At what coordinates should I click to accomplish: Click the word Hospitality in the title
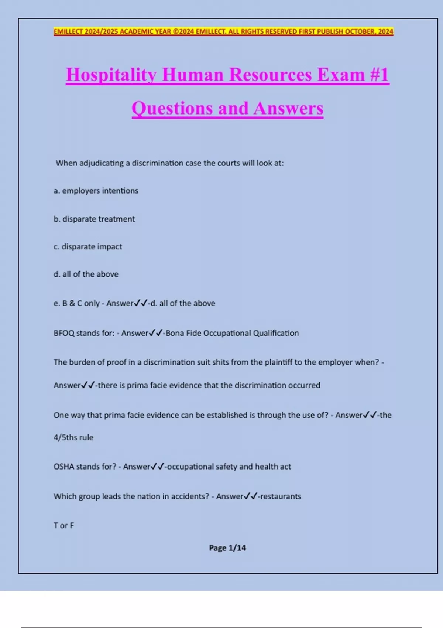pos(111,75)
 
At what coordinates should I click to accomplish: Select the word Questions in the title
pos(172,108)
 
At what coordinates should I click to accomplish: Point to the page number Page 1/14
pos(227,548)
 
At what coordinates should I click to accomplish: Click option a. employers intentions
pos(96,191)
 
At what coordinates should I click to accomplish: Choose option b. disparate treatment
pos(94,219)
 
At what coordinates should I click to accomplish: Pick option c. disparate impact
pos(88,246)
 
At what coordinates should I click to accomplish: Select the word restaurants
pos(281,496)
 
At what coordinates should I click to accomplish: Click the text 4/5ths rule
pos(73,437)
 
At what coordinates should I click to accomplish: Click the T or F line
pos(63,525)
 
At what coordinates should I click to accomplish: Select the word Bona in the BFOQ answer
pos(175,333)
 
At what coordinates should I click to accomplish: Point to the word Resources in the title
pos(271,75)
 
